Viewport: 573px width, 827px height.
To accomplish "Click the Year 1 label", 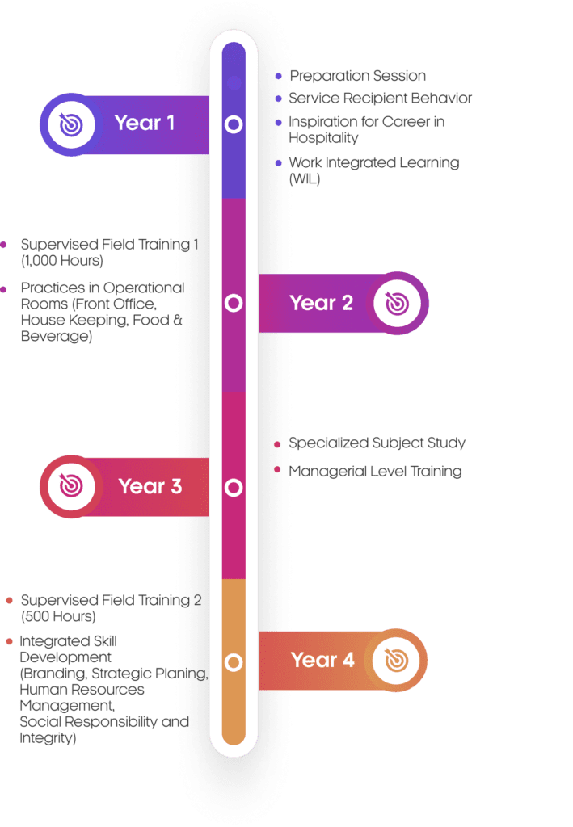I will pyautogui.click(x=145, y=124).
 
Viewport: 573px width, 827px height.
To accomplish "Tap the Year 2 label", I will pyautogui.click(x=322, y=303).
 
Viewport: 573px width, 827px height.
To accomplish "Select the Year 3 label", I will pyautogui.click(x=150, y=486).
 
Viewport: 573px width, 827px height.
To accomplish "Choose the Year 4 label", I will pyautogui.click(x=322, y=660).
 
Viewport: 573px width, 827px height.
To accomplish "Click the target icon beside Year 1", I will pyautogui.click(x=71, y=124).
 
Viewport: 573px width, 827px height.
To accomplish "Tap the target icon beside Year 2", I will pyautogui.click(x=397, y=304).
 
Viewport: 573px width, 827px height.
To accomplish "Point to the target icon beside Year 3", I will pyautogui.click(x=71, y=486).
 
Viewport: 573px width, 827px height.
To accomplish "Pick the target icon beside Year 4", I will pyautogui.click(x=395, y=661).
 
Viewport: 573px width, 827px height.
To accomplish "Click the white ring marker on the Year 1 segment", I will pyautogui.click(x=234, y=124).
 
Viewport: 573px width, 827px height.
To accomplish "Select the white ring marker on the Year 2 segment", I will pyautogui.click(x=234, y=304).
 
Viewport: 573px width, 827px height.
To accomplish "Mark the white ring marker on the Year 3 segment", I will pyautogui.click(x=234, y=487).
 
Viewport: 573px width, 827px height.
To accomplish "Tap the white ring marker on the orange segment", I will pyautogui.click(x=234, y=662).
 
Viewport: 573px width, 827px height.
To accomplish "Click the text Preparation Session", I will pyautogui.click(x=357, y=76).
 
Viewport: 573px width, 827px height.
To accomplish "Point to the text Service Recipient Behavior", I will pyautogui.click(x=381, y=98).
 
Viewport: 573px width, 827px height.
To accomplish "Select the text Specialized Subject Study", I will pyautogui.click(x=377, y=443).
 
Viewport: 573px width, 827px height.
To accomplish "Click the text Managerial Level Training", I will pyautogui.click(x=376, y=472).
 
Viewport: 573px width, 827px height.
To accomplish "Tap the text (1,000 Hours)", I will pyautogui.click(x=62, y=261).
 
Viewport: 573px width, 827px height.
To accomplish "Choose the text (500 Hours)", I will pyautogui.click(x=58, y=616).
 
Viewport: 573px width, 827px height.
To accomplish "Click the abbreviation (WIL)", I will pyautogui.click(x=305, y=179).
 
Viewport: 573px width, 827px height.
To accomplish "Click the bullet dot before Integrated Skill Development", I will pyautogui.click(x=9, y=641).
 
